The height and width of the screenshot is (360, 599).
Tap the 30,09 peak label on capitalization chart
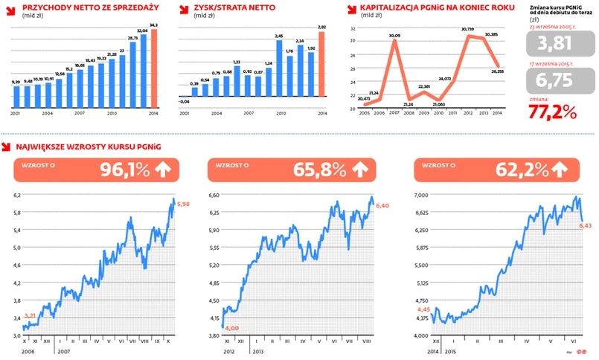click(x=394, y=36)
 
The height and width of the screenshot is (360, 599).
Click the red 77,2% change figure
click(x=553, y=112)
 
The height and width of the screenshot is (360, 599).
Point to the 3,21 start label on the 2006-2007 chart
click(x=31, y=316)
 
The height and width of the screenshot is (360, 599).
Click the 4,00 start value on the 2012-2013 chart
click(x=231, y=328)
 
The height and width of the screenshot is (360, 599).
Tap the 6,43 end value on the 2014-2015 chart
click(x=588, y=225)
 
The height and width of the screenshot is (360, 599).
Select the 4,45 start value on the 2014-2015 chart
click(x=423, y=308)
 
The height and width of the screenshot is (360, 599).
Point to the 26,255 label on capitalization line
click(x=498, y=72)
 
